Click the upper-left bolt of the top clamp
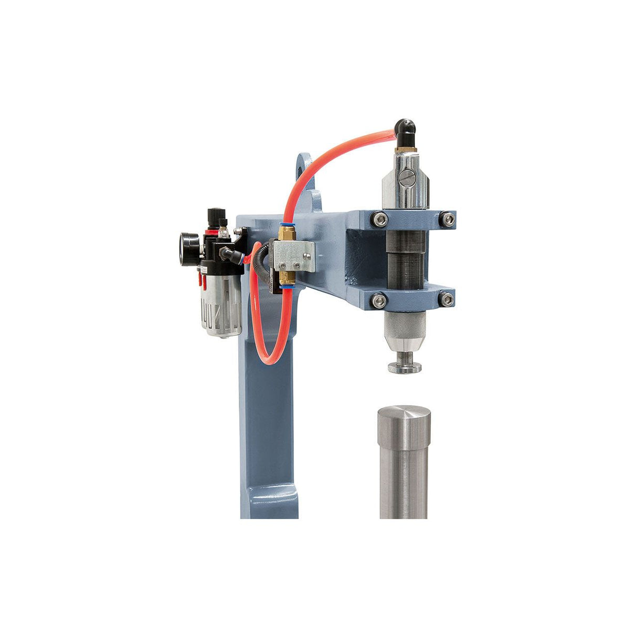(x=379, y=219)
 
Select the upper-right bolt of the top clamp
(x=447, y=219)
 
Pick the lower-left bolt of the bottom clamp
(x=379, y=300)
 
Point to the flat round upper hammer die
(x=404, y=368)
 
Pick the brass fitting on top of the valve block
(x=286, y=231)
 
